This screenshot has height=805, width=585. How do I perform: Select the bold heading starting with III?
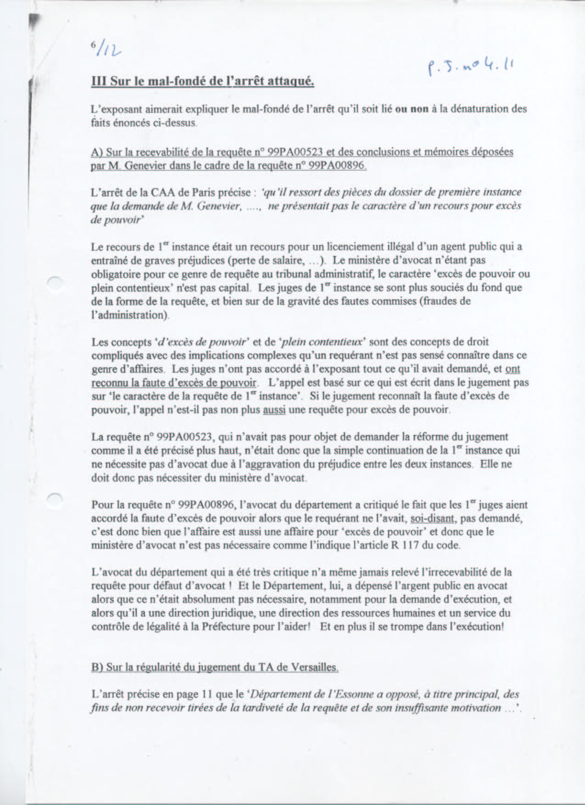click(203, 82)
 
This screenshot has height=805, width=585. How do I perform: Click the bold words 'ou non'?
click(412, 110)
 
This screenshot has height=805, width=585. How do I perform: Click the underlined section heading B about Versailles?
click(214, 667)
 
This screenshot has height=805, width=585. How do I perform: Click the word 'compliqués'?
click(115, 356)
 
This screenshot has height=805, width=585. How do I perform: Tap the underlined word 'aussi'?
click(274, 410)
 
